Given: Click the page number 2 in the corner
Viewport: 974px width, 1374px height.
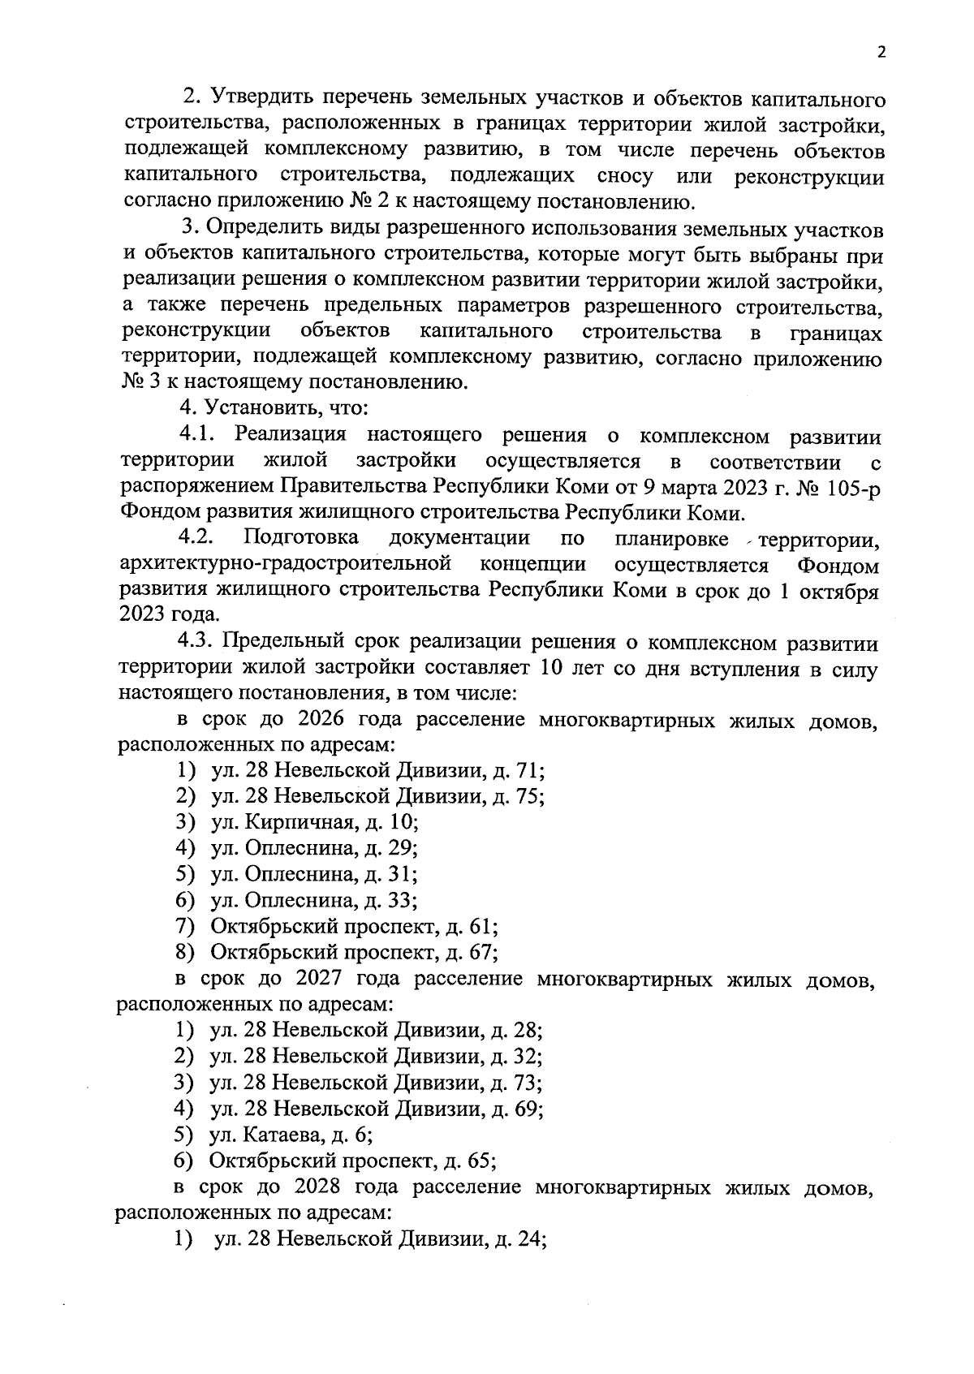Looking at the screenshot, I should tap(881, 53).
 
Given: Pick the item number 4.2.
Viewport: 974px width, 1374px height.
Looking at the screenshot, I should tap(196, 538).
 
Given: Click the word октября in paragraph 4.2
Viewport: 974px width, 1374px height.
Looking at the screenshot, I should tap(839, 591).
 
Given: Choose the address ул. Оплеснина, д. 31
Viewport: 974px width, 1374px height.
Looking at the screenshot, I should tap(315, 874).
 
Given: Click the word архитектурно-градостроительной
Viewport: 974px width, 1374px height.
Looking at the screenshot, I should tap(285, 565).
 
